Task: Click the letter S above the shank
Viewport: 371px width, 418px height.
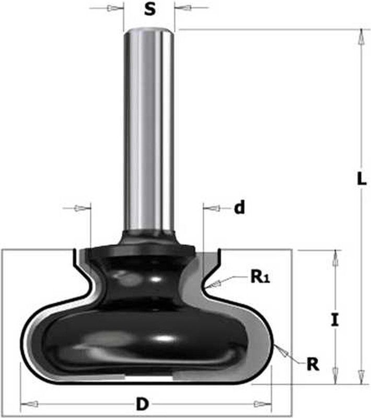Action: [149, 10]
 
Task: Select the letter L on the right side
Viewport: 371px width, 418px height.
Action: [361, 179]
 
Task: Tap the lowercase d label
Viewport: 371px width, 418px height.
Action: [239, 208]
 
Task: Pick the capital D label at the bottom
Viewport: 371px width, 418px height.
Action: [141, 404]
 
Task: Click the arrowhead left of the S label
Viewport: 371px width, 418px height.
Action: [112, 9]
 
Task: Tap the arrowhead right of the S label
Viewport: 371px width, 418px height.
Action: [185, 9]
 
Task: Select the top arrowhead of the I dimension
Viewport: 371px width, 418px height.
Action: [335, 258]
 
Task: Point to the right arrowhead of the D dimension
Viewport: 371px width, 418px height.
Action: [259, 404]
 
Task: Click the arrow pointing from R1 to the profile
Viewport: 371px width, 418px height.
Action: [214, 285]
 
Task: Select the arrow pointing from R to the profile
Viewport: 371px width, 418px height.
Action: [283, 351]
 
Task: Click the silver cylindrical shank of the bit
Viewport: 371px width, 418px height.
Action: [149, 131]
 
